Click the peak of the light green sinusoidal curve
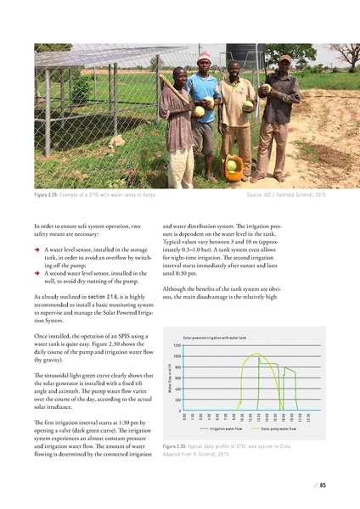pos(258,354)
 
